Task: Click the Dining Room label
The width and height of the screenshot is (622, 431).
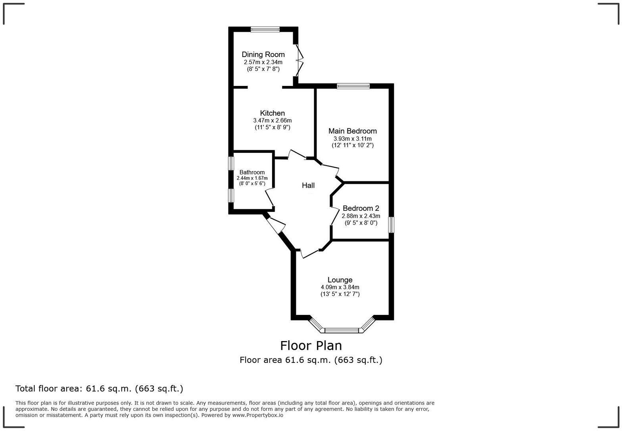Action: pos(263,55)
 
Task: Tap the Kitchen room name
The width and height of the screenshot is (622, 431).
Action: pos(272,113)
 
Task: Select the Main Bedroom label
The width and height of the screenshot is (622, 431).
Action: pos(352,131)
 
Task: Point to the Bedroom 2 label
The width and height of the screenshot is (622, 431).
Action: pos(361,208)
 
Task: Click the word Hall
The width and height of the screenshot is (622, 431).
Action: pos(308,185)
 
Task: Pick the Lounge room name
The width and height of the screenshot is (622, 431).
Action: pos(340,280)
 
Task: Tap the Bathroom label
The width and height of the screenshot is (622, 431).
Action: pos(252,172)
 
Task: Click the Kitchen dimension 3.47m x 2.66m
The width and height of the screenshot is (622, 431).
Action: pos(272,120)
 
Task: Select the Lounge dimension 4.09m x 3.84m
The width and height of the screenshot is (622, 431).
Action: pos(340,287)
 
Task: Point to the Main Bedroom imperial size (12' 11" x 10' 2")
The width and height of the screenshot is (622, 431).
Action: pos(352,145)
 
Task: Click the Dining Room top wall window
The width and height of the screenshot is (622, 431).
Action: pos(265,29)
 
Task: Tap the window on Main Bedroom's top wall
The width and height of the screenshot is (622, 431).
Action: pos(353,86)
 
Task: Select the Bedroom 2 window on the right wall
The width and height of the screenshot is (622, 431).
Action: pos(391,225)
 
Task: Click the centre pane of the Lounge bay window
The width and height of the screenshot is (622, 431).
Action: pos(342,330)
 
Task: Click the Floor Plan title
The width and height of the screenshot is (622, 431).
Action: pos(311,346)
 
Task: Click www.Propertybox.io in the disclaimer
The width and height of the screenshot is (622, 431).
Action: pos(257,415)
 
